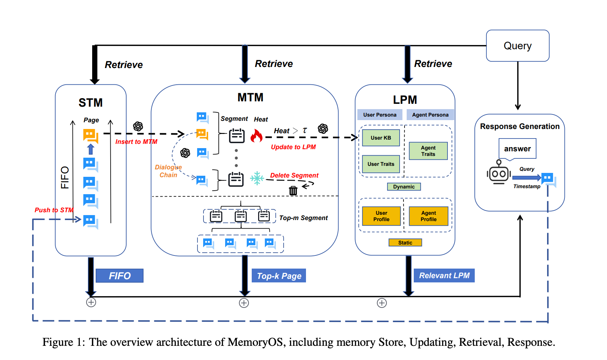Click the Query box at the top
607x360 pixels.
click(518, 45)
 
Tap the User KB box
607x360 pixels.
click(381, 137)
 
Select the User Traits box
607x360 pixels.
click(381, 164)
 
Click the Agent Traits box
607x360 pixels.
click(428, 151)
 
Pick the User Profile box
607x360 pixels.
click(381, 216)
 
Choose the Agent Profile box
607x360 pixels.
click(428, 216)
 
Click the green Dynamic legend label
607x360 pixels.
click(404, 187)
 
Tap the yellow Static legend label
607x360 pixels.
click(405, 242)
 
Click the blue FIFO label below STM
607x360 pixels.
click(119, 276)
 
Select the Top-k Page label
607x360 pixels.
click(279, 276)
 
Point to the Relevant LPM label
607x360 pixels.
click(444, 275)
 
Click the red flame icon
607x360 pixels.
click(256, 135)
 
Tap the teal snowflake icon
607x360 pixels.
click(257, 178)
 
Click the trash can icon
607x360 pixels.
click(293, 190)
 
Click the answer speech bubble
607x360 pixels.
click(517, 149)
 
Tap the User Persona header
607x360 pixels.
click(380, 114)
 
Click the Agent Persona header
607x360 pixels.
click(430, 114)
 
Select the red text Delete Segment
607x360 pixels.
click(294, 175)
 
